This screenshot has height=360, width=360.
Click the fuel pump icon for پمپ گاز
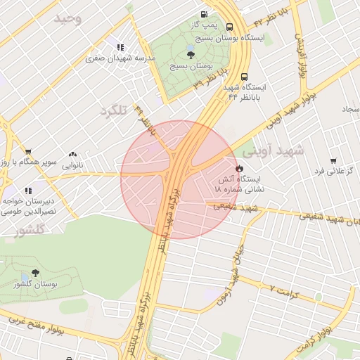pos(204,13)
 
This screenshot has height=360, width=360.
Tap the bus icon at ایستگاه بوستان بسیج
pos(230,27)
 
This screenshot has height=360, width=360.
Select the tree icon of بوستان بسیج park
pos(191,53)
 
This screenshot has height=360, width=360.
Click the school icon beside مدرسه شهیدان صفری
pos(121,48)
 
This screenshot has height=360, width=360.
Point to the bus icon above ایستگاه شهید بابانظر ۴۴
pos(244,77)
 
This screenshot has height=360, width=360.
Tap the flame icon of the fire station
pos(239,169)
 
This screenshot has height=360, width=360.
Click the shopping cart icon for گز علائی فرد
pos(333,160)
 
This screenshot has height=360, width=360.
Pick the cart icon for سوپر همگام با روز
pos(28,151)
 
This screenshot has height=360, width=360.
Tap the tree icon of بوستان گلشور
pos(35,273)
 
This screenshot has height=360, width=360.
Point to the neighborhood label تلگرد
pos(115,111)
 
